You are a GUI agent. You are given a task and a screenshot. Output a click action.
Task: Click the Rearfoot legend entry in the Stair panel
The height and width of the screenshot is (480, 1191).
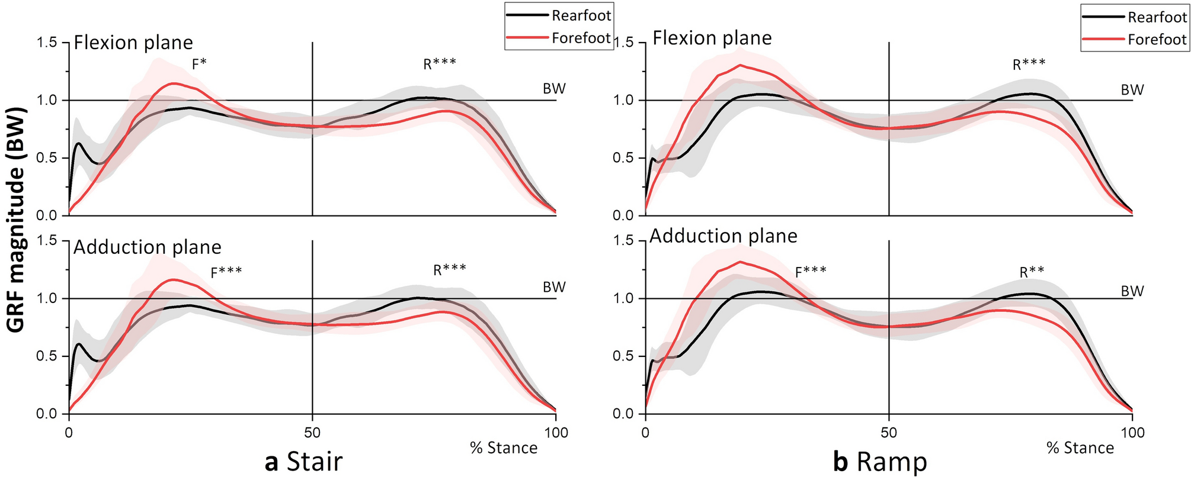580,16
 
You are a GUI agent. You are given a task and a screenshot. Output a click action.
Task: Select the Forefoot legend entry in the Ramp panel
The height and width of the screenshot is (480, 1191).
1157,40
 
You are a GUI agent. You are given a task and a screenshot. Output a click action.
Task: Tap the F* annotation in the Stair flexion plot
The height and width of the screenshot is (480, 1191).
199,65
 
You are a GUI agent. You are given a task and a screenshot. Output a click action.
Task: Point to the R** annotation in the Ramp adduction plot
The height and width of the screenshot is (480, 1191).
1032,272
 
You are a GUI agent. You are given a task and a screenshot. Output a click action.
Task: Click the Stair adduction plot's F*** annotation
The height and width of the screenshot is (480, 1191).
226,273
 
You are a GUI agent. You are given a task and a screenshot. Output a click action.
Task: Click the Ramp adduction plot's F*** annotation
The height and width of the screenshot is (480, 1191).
811,272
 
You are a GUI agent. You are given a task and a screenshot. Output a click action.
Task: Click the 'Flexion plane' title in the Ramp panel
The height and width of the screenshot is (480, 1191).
712,38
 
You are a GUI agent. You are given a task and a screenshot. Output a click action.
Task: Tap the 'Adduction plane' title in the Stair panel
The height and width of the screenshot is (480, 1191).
147,247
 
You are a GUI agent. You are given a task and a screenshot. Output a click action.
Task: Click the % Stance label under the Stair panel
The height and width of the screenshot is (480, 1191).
504,448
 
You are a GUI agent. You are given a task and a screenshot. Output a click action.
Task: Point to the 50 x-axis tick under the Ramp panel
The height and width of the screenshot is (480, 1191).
889,433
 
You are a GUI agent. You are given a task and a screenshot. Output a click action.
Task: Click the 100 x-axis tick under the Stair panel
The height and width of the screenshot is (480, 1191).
555,433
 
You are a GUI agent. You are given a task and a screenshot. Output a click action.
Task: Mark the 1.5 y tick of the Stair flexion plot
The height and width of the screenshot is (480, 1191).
47,43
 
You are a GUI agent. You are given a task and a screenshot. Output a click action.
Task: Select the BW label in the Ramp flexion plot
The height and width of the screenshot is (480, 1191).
1132,90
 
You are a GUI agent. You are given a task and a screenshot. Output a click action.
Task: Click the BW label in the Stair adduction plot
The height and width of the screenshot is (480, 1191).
554,287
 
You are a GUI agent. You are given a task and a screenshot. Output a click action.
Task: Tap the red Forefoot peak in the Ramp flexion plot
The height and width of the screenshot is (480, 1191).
739,66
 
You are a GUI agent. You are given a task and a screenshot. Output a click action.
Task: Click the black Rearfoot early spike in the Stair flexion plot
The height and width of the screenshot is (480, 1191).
78,143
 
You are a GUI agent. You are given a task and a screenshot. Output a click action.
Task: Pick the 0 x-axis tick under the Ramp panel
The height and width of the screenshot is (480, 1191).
645,433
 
